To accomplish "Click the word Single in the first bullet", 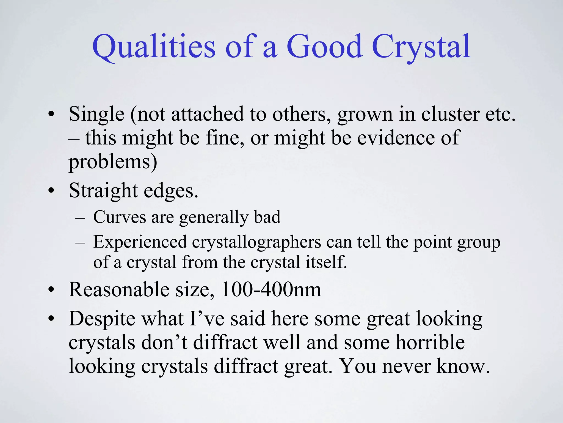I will click(96, 114).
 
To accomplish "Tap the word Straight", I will click(103, 191).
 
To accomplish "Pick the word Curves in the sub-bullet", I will click(120, 217).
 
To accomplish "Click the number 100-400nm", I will click(271, 290).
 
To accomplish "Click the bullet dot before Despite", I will click(51, 318).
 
